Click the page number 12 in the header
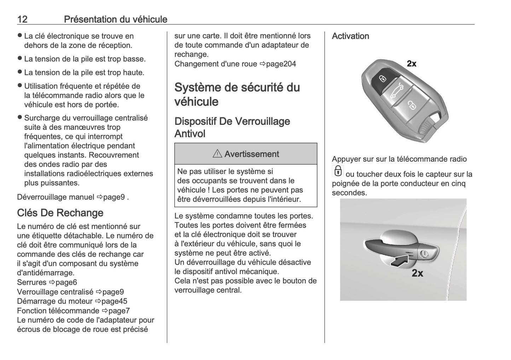click(x=22, y=19)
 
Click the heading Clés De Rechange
click(x=60, y=213)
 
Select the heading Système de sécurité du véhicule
click(x=237, y=94)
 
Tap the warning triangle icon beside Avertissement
click(x=217, y=154)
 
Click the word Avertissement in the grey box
click(x=251, y=154)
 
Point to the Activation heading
click(x=350, y=36)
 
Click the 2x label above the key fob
click(x=412, y=64)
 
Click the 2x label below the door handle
click(x=417, y=273)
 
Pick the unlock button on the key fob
click(x=412, y=105)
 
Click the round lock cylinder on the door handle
click(x=424, y=253)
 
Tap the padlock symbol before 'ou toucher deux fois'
click(x=338, y=171)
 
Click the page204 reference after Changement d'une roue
click(x=281, y=64)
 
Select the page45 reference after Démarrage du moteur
click(x=114, y=301)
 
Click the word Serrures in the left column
click(x=32, y=282)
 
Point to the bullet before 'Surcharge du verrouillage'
click(x=20, y=118)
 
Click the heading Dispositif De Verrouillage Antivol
click(x=232, y=127)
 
